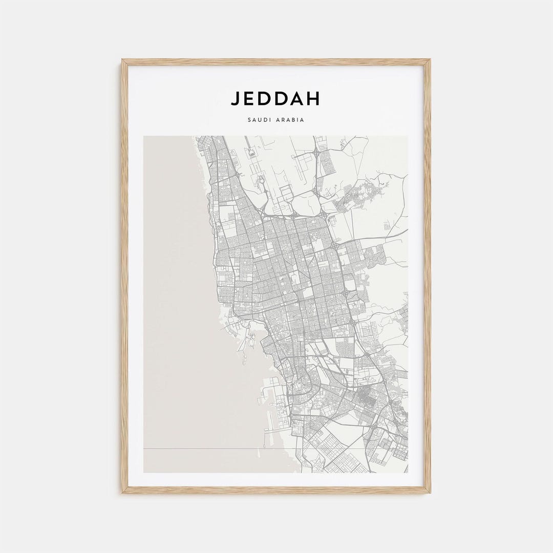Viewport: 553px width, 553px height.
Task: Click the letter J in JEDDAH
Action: point(235,98)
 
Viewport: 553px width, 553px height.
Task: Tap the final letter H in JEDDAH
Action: point(312,98)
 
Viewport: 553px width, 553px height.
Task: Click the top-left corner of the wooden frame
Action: point(123,60)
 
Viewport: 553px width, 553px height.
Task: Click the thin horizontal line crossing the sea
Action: point(205,449)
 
